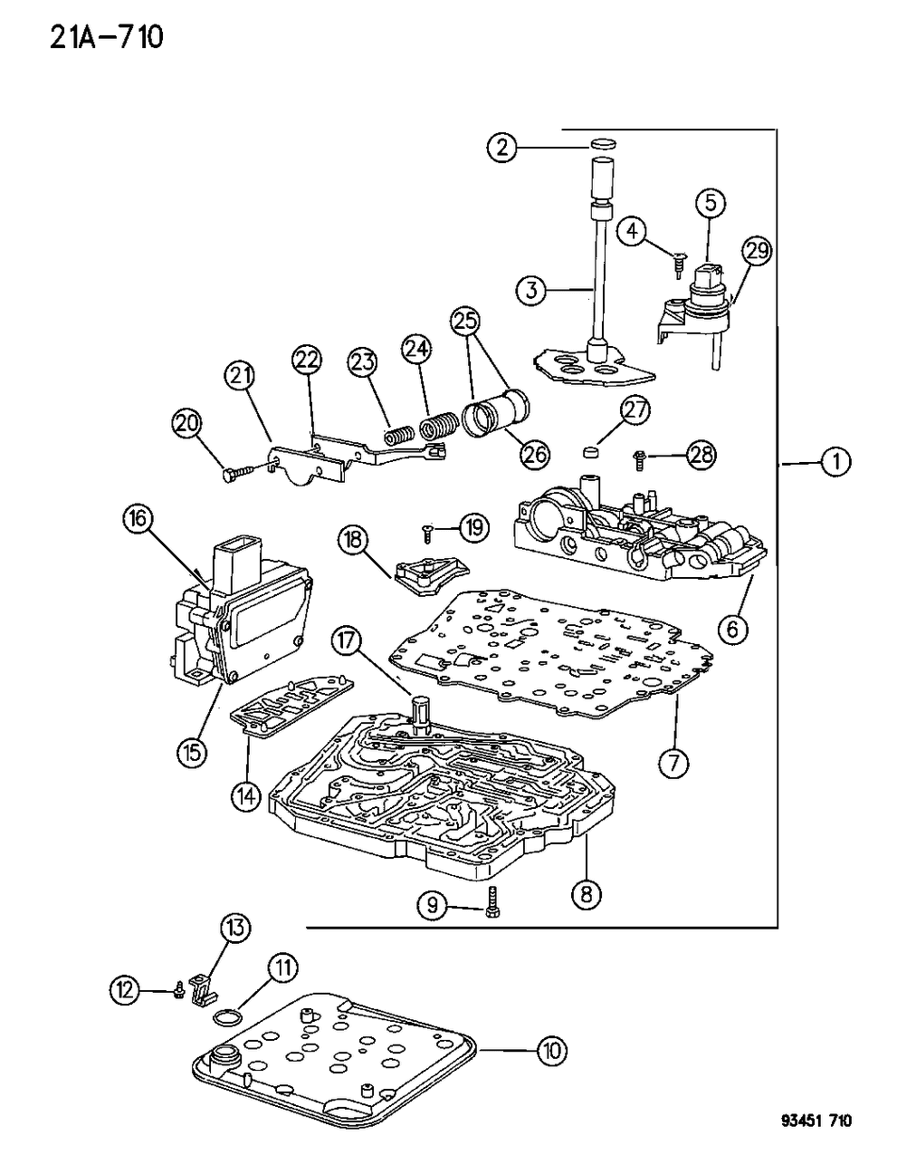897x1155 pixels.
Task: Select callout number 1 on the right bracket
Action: [x=835, y=462]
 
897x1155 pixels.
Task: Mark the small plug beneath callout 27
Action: [x=591, y=451]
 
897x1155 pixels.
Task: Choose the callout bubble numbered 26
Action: [x=534, y=453]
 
